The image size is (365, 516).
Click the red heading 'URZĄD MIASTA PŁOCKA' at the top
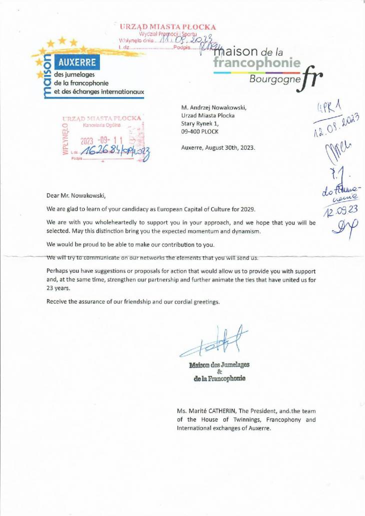pos(168,27)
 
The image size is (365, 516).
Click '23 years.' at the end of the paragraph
pos(59,289)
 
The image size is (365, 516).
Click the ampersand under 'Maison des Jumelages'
pos(219,371)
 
